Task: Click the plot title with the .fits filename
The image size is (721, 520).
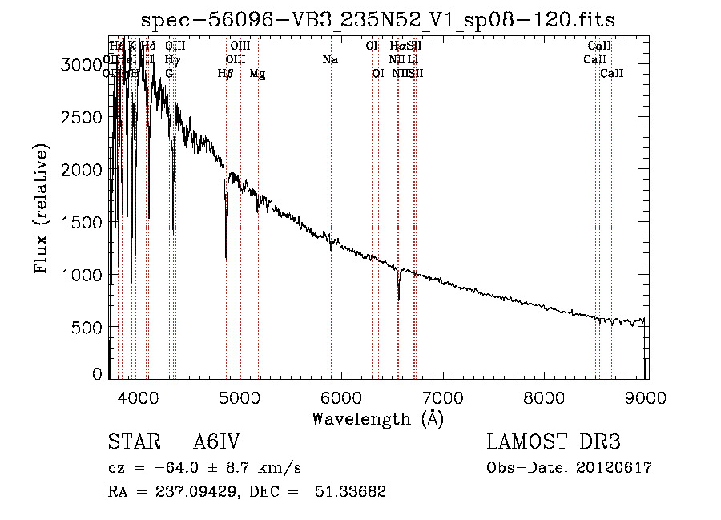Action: click(x=377, y=20)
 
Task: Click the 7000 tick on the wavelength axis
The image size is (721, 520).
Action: click(x=443, y=397)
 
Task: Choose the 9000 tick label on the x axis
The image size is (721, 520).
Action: click(x=646, y=397)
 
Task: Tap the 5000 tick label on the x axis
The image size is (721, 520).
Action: click(x=240, y=397)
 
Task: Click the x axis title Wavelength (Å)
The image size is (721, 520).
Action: click(x=377, y=418)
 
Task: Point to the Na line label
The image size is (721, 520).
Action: click(x=330, y=59)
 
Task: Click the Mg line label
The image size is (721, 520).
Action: click(x=257, y=74)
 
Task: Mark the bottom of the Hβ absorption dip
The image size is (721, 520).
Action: click(x=226, y=258)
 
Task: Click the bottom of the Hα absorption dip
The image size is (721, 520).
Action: click(x=398, y=300)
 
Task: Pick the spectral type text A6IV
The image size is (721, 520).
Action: click(x=216, y=442)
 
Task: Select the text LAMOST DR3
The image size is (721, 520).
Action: click(x=554, y=442)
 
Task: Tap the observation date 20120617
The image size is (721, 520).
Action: click(x=614, y=468)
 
